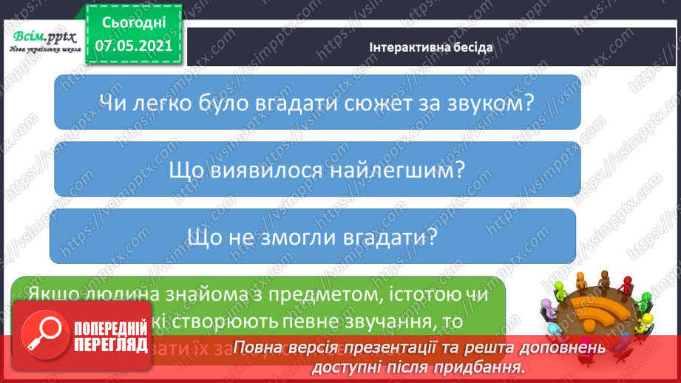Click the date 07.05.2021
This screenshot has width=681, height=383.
(133, 45)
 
